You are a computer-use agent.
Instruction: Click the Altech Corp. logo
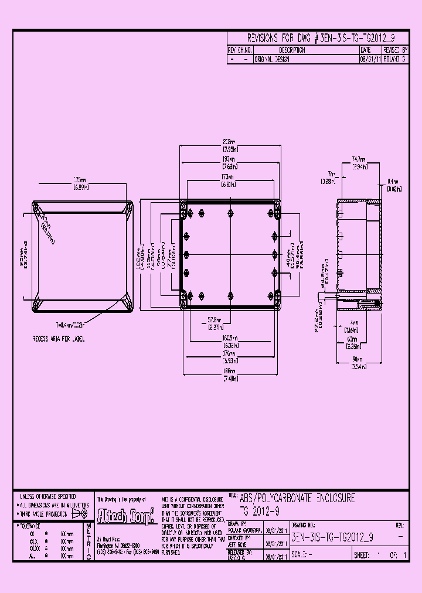[125, 516]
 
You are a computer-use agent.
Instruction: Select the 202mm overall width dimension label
[229, 142]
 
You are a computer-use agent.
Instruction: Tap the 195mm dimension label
[229, 159]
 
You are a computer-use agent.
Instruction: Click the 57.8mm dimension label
[215, 320]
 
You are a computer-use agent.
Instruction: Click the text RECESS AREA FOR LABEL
[60, 339]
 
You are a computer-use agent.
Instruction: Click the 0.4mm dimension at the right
[393, 182]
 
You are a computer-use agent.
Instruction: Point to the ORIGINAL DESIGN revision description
[272, 59]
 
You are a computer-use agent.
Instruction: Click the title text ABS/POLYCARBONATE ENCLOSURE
[297, 499]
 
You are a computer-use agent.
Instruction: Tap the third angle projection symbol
[79, 513]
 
